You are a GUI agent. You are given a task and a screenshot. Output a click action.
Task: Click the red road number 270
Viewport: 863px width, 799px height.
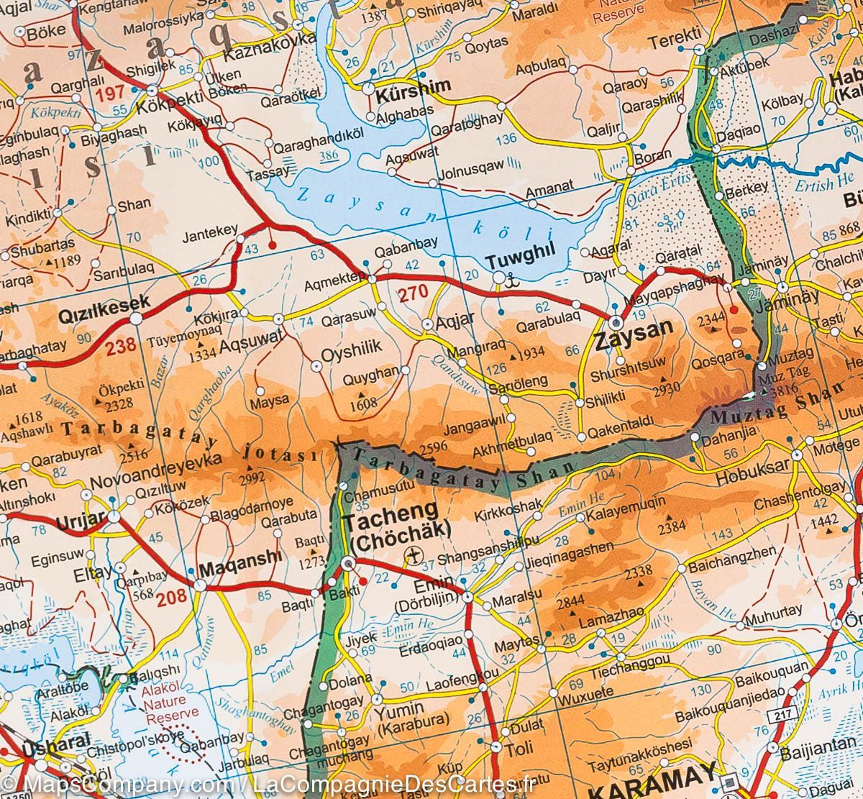(x=413, y=292)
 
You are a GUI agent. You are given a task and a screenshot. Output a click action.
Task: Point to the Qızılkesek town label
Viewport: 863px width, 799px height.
(x=104, y=303)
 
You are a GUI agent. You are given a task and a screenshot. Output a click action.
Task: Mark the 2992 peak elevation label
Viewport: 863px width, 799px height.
(x=256, y=475)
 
